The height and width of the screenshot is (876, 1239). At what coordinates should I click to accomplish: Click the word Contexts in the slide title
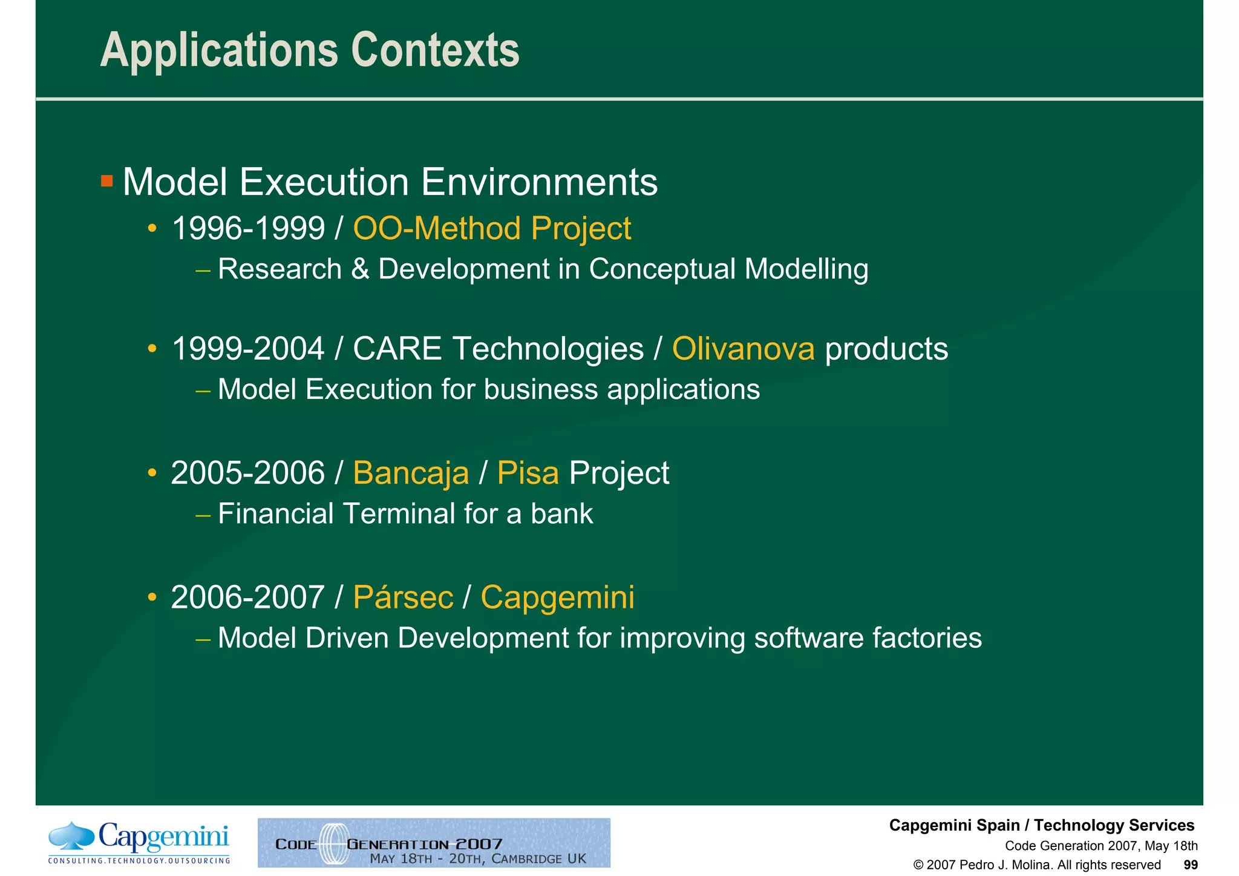[435, 50]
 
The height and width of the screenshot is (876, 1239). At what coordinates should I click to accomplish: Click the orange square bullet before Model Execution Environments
[107, 181]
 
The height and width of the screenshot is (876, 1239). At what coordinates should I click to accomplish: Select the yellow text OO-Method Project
[491, 229]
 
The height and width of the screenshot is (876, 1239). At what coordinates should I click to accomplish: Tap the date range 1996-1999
[248, 229]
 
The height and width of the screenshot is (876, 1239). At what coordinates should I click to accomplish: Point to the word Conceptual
[661, 269]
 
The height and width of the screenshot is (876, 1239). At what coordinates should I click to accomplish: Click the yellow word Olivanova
[743, 349]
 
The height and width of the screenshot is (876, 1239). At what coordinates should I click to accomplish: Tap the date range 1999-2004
[248, 349]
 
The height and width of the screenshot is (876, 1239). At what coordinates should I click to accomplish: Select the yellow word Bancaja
[411, 473]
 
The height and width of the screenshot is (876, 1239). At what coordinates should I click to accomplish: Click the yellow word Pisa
[528, 473]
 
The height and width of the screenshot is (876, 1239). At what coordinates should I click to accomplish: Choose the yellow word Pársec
[403, 598]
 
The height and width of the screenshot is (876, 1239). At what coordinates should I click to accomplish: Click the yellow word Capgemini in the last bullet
[557, 598]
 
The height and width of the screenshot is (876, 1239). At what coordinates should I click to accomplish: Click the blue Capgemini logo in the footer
[139, 842]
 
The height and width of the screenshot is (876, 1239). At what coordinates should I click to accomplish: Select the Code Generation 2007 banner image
[434, 843]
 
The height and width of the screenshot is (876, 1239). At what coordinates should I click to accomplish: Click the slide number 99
[1190, 865]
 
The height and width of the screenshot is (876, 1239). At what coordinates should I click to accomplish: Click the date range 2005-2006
[248, 473]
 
